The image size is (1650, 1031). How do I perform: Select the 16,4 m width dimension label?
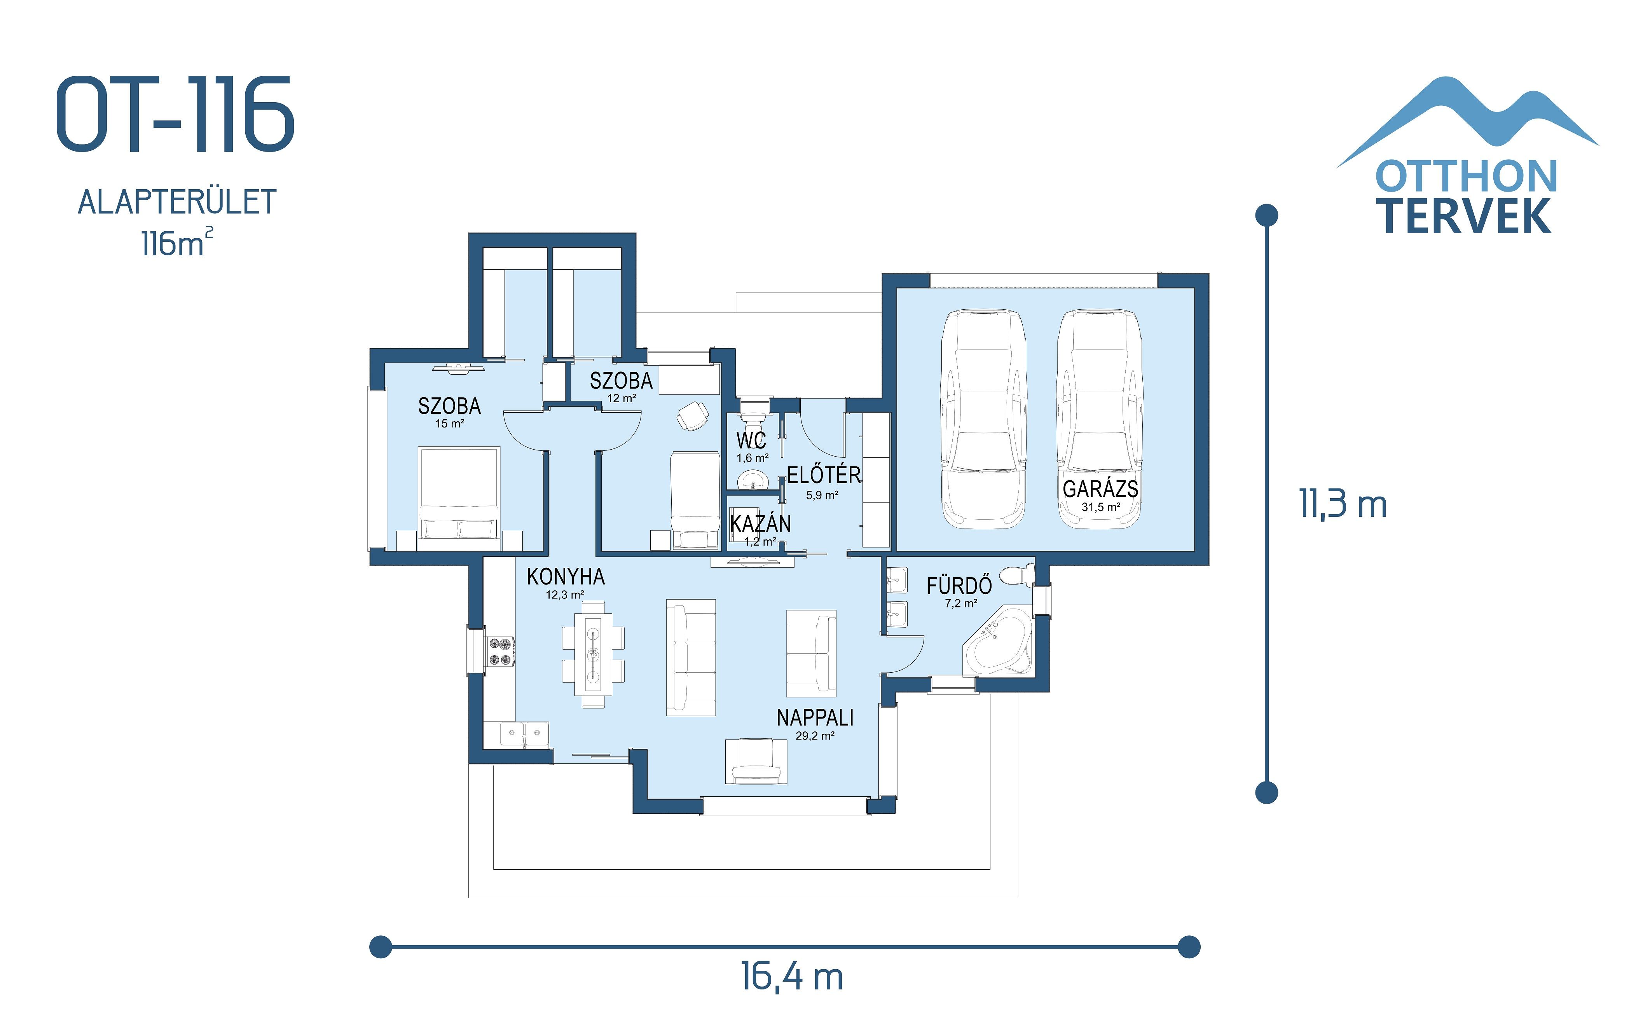(x=792, y=977)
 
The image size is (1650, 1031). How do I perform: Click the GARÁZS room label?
(x=1100, y=489)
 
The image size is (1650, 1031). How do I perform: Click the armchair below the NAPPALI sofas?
(x=756, y=760)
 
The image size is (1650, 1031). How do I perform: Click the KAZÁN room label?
(x=760, y=524)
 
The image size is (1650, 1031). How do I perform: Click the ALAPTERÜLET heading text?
(x=176, y=202)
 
